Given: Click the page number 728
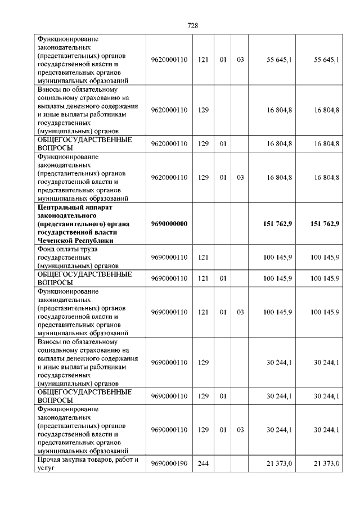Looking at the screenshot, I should click(192, 25).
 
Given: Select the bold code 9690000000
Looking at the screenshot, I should click(169, 224).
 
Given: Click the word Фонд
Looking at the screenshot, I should click(46, 249).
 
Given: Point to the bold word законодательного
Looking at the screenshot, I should click(65, 215).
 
